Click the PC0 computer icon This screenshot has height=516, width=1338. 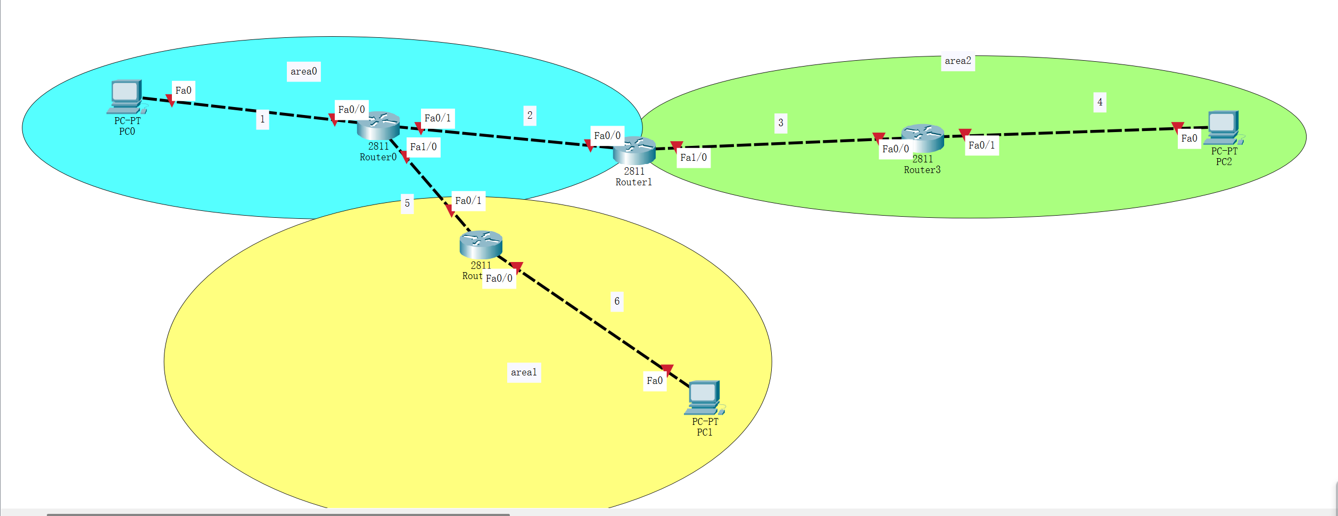[x=126, y=96]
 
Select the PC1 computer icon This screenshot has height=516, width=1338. [x=704, y=397]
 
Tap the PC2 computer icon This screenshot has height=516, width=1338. [x=1223, y=127]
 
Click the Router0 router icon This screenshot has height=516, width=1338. [x=378, y=126]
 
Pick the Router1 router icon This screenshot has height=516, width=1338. [x=634, y=151]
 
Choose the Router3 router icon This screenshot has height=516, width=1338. [x=922, y=138]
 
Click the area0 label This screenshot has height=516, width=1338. [x=304, y=71]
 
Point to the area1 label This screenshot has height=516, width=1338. [x=524, y=372]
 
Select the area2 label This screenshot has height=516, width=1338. [x=957, y=61]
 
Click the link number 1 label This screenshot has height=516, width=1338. [x=262, y=119]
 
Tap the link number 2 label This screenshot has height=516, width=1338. [x=530, y=115]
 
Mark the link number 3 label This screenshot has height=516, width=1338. [x=781, y=123]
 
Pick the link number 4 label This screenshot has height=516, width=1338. [x=1100, y=102]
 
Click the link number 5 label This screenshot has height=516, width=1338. [x=407, y=203]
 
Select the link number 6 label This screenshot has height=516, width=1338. [x=617, y=301]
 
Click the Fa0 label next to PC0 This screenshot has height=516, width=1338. [x=184, y=91]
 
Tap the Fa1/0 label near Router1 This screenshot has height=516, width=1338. [x=693, y=158]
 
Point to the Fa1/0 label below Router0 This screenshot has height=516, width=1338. [x=423, y=147]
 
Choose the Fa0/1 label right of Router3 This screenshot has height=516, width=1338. [x=981, y=145]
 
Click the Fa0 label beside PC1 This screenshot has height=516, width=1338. [x=655, y=381]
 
